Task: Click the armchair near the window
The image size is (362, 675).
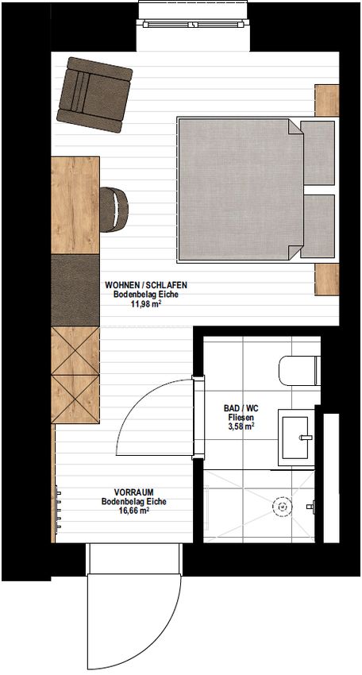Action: coord(94,94)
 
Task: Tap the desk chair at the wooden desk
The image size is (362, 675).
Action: coord(114,210)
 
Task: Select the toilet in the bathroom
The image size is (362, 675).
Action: coord(299,371)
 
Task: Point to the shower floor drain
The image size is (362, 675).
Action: coord(282,507)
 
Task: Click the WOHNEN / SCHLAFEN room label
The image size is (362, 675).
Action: coord(146,285)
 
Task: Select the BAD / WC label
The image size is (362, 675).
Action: coord(241,408)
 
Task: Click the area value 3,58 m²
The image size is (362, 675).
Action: coord(241,426)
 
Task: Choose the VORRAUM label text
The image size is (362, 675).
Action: coord(134,492)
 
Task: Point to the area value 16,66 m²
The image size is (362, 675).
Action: coord(134,511)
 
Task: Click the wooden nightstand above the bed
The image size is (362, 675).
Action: coord(327,100)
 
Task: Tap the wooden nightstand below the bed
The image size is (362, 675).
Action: coord(327,280)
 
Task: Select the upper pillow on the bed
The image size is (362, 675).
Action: coord(318,152)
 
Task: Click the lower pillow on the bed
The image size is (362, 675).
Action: coord(318,226)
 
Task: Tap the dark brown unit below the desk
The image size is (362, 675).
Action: coord(75,290)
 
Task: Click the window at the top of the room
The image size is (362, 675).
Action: coord(194,24)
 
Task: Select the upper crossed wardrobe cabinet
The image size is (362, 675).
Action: coord(75,351)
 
